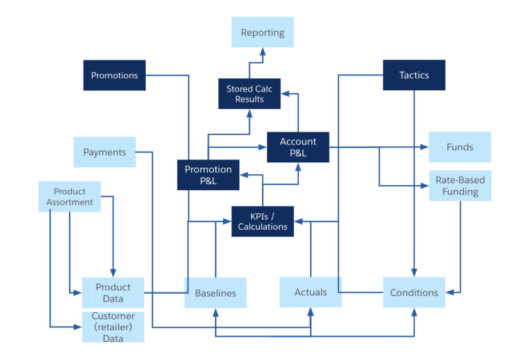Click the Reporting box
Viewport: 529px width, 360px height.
coord(262,32)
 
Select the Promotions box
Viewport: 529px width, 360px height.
coord(114,75)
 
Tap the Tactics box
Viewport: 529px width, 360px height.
coord(414,75)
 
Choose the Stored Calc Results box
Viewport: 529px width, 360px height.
coord(249,94)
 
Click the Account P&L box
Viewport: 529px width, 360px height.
coord(298,147)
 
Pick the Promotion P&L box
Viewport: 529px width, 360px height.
coord(208,175)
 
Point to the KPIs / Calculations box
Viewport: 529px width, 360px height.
coord(262,221)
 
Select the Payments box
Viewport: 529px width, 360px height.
coord(105,152)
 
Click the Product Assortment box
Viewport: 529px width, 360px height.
coord(70,197)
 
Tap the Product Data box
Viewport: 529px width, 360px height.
coord(113,293)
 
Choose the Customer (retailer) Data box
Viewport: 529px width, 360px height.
coord(113,327)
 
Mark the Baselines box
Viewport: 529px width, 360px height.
coord(215,293)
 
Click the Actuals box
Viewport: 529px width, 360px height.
coord(310,292)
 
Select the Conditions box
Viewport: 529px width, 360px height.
coord(414,293)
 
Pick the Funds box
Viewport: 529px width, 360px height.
coord(459,147)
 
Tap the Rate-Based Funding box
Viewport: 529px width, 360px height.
coord(459,186)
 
